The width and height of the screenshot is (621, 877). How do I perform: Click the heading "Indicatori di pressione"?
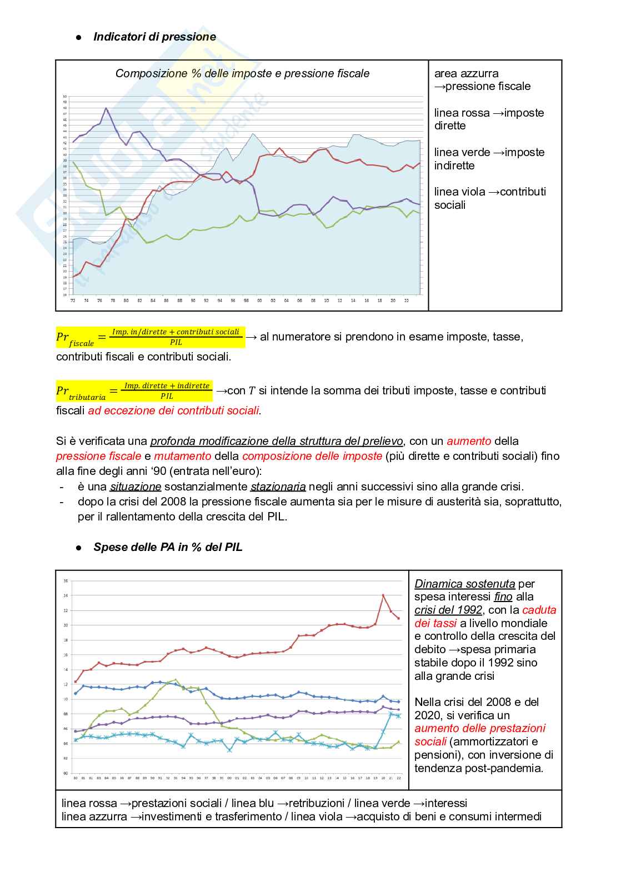click(x=154, y=37)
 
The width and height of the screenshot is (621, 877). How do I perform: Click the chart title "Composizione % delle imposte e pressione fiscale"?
click(x=242, y=73)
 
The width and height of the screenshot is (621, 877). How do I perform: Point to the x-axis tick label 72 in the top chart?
click(x=73, y=300)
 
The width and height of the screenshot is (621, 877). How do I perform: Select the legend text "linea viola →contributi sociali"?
click(x=490, y=198)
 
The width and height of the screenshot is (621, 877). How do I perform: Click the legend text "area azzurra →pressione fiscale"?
click(x=482, y=80)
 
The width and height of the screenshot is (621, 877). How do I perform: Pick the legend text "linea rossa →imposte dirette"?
click(x=489, y=119)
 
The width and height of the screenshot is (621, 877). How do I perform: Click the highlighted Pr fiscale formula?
click(x=150, y=337)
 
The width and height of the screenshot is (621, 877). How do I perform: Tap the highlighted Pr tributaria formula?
click(x=134, y=391)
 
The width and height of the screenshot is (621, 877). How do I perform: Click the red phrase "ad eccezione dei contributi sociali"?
click(x=174, y=411)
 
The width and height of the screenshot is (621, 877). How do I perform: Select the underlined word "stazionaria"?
click(x=278, y=487)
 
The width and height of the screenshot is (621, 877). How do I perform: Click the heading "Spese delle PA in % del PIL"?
click(x=168, y=547)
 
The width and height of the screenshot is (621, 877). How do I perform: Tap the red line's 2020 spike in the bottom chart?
click(x=383, y=595)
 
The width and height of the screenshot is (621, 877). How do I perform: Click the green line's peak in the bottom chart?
click(x=176, y=679)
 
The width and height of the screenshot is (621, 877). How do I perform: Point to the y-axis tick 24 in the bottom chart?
click(x=66, y=596)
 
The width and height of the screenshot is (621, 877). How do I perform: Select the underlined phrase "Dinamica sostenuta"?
click(x=465, y=584)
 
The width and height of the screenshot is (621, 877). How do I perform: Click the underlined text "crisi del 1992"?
click(x=448, y=610)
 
